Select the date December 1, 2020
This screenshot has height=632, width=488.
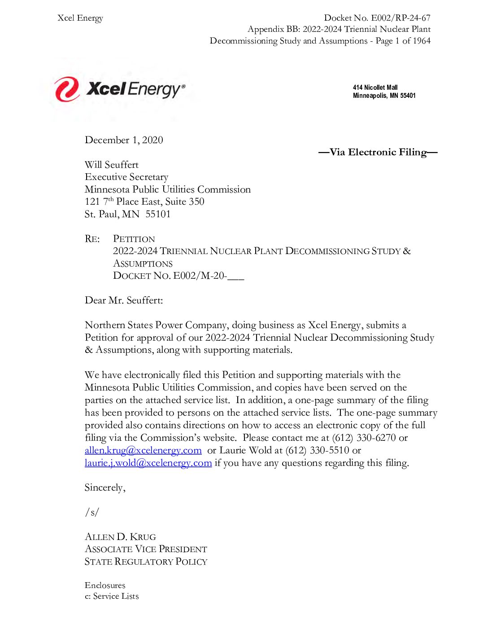click(x=124, y=140)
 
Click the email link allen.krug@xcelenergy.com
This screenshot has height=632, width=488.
click(x=143, y=450)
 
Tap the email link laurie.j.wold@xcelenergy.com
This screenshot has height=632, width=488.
click(x=148, y=463)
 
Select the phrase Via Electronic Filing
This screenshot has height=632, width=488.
click(x=378, y=152)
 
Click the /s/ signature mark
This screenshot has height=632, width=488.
click(x=92, y=512)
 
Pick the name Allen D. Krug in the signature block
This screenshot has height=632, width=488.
click(x=120, y=537)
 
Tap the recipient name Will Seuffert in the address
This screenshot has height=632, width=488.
click(x=112, y=165)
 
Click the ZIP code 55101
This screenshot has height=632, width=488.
click(x=158, y=214)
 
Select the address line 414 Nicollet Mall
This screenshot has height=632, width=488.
click(x=375, y=88)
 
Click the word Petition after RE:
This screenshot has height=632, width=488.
click(x=134, y=239)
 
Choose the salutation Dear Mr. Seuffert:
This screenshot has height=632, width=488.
click(x=124, y=300)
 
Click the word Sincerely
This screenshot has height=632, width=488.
click(x=105, y=487)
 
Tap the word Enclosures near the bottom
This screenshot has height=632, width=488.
click(x=105, y=585)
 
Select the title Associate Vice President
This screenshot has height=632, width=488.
click(x=146, y=549)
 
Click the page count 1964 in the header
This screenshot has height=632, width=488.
click(x=422, y=41)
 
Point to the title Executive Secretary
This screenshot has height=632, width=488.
click(x=126, y=177)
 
